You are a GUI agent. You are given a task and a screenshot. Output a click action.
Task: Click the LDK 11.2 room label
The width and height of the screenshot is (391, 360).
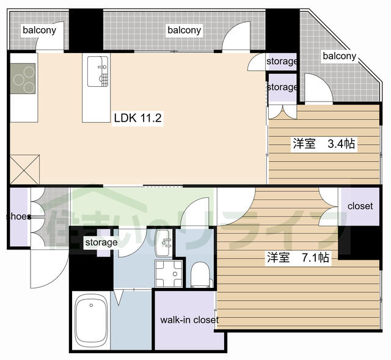[137, 118]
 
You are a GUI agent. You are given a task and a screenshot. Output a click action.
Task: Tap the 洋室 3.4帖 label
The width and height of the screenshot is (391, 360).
[324, 144]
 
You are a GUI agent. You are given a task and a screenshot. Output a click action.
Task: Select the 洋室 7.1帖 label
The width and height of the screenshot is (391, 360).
[298, 257]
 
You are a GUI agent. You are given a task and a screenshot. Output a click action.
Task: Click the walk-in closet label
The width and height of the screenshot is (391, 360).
[189, 320]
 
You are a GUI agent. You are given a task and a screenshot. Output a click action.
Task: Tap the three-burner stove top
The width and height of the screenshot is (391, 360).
[23, 79]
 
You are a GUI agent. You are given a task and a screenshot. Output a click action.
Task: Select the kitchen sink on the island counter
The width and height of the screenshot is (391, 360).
[98, 72]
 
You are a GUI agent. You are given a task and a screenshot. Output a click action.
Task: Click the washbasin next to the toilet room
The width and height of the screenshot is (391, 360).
[163, 243]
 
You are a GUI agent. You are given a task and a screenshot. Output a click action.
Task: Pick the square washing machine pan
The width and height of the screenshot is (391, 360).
[169, 273]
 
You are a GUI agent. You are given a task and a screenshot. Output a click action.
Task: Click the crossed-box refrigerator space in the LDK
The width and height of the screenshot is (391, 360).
[24, 169]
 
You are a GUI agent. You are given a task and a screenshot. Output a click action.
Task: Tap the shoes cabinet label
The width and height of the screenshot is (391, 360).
[19, 216]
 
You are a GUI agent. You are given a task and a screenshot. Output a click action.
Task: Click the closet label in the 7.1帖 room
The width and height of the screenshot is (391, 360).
[360, 206]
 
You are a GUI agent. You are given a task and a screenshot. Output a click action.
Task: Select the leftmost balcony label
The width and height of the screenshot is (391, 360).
[39, 30]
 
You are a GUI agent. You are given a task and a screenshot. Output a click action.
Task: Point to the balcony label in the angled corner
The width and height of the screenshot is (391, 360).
[340, 56]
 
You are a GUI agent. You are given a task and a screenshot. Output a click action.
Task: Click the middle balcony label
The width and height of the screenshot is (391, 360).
[185, 30]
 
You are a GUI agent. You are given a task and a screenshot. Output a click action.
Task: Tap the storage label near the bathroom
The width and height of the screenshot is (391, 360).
[101, 242]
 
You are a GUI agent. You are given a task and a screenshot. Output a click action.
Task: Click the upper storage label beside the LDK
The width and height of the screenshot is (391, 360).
[282, 61]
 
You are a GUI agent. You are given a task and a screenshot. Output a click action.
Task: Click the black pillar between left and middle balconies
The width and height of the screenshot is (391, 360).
[86, 30]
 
